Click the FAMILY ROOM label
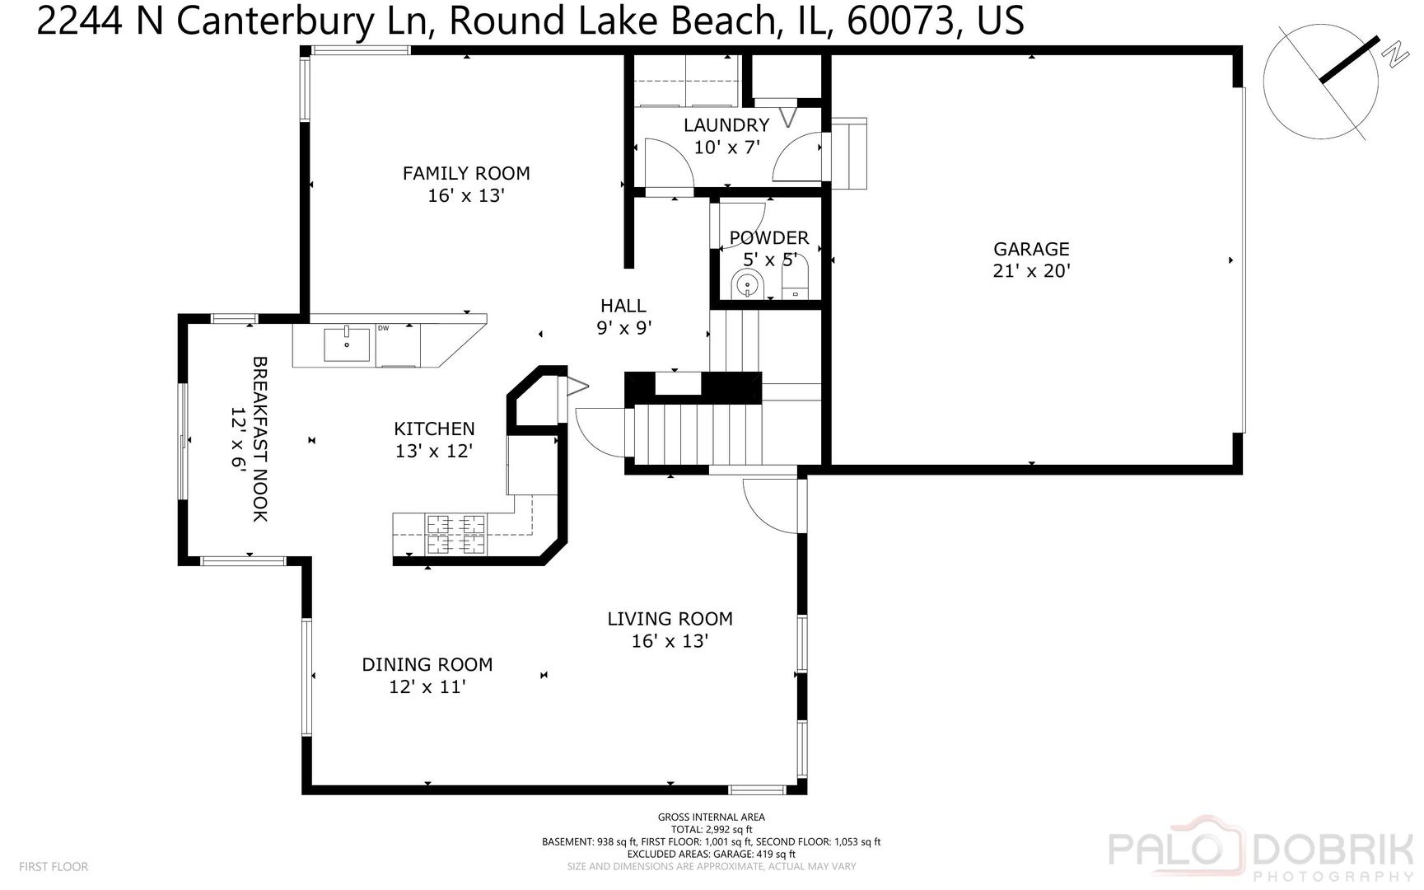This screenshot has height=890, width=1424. pyautogui.click(x=465, y=173)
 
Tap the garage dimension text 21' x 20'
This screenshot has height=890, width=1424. pyautogui.click(x=1030, y=271)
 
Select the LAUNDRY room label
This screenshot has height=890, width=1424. pyautogui.click(x=726, y=125)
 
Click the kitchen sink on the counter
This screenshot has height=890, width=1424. pyautogui.click(x=346, y=344)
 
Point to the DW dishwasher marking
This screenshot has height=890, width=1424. pyautogui.click(x=383, y=328)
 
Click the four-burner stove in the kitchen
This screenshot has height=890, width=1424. pyautogui.click(x=455, y=534)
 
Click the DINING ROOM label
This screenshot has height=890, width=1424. pyautogui.click(x=427, y=664)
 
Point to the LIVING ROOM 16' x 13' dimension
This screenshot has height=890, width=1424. pyautogui.click(x=670, y=641)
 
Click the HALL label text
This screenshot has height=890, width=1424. pyautogui.click(x=623, y=306)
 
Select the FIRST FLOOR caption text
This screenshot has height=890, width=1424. pyautogui.click(x=54, y=867)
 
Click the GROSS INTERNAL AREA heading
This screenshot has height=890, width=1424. pyautogui.click(x=711, y=817)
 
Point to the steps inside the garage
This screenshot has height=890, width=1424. pyautogui.click(x=849, y=153)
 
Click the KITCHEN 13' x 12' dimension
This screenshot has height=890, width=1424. pyautogui.click(x=433, y=451)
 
